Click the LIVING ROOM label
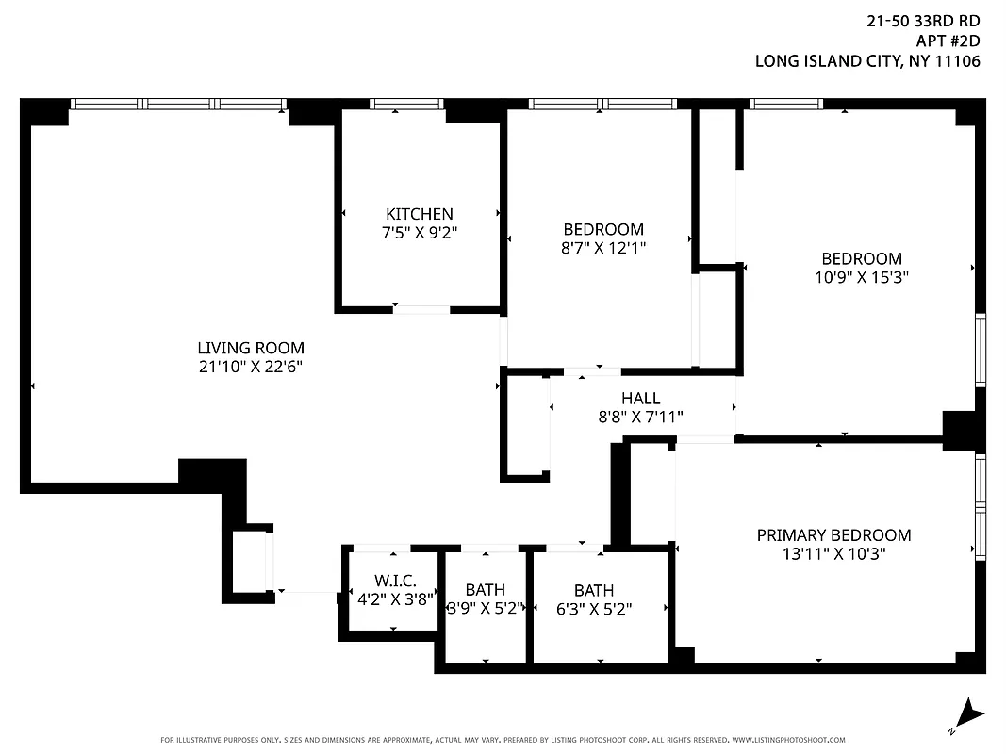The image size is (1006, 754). (x=251, y=348)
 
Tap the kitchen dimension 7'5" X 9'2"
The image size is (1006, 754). (x=419, y=232)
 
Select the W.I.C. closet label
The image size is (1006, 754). (x=394, y=580)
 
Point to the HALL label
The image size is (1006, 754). (x=640, y=398)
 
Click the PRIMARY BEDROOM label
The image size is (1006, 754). (x=833, y=535)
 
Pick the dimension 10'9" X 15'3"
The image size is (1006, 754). (x=862, y=277)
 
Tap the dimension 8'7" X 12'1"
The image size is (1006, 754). (x=603, y=247)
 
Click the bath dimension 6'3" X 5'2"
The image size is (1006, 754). (x=594, y=609)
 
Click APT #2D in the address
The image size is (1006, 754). (x=948, y=41)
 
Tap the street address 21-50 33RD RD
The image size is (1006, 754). (x=923, y=20)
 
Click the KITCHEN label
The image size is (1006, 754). (x=419, y=214)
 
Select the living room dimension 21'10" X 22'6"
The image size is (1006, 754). (x=251, y=366)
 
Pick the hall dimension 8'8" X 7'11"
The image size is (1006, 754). (x=640, y=416)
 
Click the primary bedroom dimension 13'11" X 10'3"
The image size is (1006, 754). (x=833, y=553)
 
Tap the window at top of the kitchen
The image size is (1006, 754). (x=407, y=104)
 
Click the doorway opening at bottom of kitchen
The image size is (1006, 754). (x=421, y=309)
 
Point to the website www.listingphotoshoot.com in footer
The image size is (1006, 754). (x=788, y=740)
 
